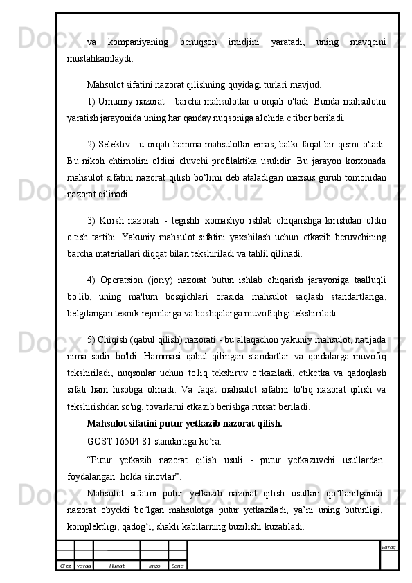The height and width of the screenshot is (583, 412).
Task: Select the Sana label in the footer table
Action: pyautogui.click(x=177, y=566)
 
